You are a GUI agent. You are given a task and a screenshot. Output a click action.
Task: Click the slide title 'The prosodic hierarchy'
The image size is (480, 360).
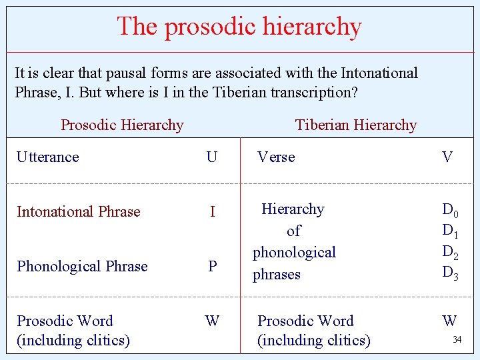(239, 27)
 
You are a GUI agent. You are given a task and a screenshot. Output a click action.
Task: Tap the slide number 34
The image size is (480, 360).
(457, 340)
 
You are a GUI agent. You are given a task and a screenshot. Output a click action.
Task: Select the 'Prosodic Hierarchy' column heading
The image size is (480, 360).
(122, 125)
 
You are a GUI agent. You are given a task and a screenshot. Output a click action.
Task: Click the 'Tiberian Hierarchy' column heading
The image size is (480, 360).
(356, 125)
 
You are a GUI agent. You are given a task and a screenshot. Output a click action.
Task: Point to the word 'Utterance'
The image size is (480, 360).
(48, 157)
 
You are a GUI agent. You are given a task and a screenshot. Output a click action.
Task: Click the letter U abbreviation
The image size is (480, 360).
(212, 157)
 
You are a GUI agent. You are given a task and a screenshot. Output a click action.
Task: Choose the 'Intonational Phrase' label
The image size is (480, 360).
(79, 212)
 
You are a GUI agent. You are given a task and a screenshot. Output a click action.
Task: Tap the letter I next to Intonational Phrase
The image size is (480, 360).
(212, 212)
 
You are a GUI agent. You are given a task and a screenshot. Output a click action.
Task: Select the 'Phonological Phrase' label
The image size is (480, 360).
(82, 267)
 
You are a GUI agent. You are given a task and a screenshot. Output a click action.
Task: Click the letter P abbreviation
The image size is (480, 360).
(212, 267)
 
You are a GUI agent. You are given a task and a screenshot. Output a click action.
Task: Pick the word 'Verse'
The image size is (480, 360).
(276, 157)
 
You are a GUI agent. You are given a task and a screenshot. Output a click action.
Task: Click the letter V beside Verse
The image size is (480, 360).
(447, 157)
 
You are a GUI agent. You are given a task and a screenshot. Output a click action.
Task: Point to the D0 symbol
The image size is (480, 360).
(450, 210)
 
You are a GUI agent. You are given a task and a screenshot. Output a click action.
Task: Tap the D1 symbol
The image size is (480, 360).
(450, 231)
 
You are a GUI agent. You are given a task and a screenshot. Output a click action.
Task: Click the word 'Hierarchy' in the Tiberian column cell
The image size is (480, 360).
(293, 209)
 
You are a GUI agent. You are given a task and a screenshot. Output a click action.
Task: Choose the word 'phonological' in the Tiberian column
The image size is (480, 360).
(294, 253)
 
